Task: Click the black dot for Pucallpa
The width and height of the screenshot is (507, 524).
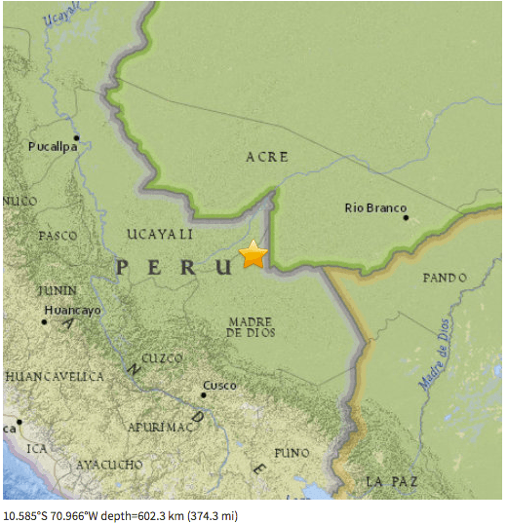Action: (x=76, y=137)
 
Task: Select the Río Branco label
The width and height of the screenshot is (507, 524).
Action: (x=373, y=207)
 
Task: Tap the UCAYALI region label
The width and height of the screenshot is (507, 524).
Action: (x=160, y=235)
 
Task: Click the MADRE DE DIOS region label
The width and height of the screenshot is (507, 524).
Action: (x=251, y=326)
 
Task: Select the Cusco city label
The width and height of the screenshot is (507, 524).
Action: (x=219, y=386)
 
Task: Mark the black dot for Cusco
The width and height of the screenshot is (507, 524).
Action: (x=204, y=394)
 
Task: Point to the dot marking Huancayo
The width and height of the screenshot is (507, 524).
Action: (x=45, y=320)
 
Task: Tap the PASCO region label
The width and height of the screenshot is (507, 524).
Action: (x=58, y=236)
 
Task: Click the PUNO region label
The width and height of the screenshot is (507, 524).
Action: (x=292, y=453)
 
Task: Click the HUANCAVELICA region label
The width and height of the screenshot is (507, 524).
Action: (x=55, y=376)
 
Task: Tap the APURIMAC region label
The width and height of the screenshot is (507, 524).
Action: (x=161, y=427)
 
